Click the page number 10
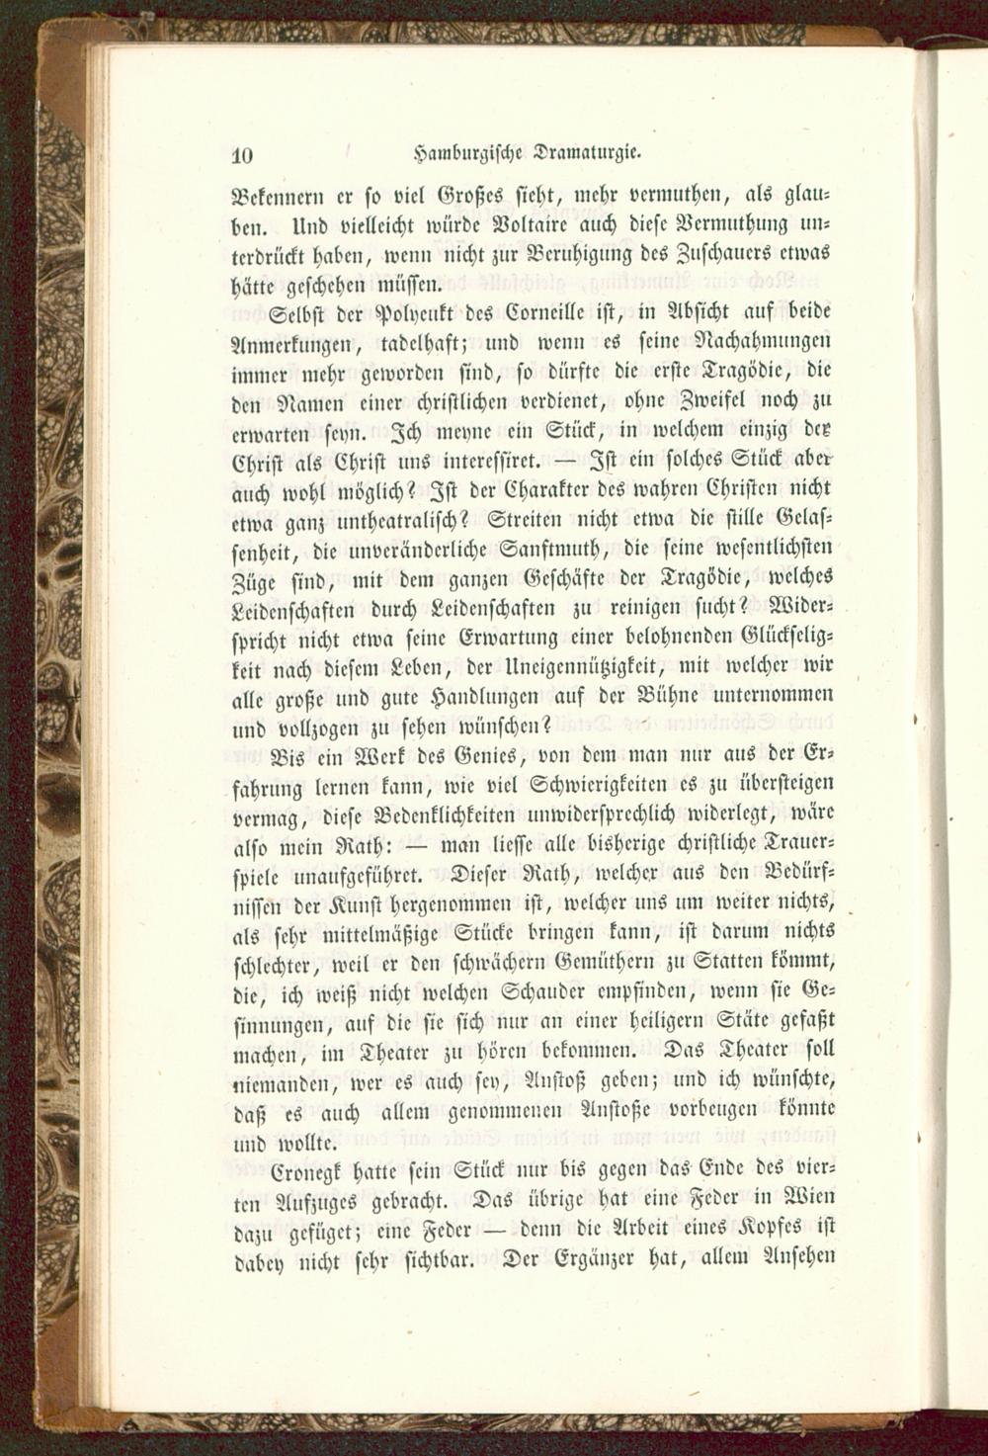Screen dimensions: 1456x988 click(x=244, y=154)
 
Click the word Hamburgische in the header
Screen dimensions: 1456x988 click(x=469, y=153)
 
